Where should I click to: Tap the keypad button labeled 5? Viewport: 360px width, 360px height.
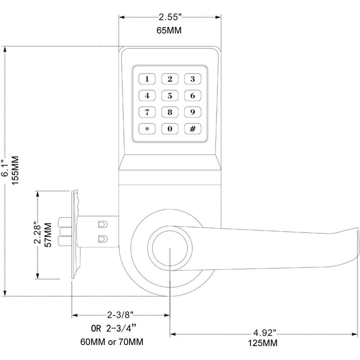pyautogui.click(x=170, y=95)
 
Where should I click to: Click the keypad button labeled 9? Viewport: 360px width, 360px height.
pyautogui.click(x=192, y=112)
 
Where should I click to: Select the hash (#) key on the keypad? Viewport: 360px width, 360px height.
pyautogui.click(x=192, y=129)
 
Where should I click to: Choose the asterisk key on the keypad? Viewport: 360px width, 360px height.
pyautogui.click(x=147, y=129)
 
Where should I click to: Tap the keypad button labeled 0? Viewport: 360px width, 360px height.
pyautogui.click(x=170, y=129)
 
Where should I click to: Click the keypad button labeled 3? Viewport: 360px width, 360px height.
pyautogui.click(x=192, y=79)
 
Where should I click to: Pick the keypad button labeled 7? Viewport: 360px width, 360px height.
pyautogui.click(x=147, y=112)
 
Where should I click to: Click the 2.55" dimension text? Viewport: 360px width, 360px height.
pyautogui.click(x=170, y=17)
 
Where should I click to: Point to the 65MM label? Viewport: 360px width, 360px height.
pyautogui.click(x=169, y=30)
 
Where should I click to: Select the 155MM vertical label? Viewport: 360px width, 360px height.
pyautogui.click(x=15, y=169)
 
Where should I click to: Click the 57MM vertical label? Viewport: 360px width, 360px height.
pyautogui.click(x=48, y=235)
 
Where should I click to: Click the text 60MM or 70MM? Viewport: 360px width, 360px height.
pyautogui.click(x=112, y=342)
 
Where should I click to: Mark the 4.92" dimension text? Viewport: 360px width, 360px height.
pyautogui.click(x=265, y=333)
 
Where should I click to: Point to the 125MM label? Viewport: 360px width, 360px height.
pyautogui.click(x=263, y=343)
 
